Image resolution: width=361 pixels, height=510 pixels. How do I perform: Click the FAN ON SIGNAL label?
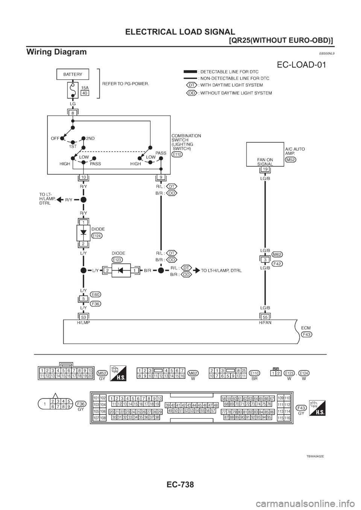[x=265, y=161]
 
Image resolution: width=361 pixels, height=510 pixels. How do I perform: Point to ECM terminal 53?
[x=83, y=317]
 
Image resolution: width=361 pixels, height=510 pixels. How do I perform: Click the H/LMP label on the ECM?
[x=83, y=322]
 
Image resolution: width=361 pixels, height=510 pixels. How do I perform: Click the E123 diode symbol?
[x=121, y=270]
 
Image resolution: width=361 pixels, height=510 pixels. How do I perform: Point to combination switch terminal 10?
[x=83, y=177]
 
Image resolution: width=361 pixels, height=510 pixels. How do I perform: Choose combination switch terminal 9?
[x=161, y=177]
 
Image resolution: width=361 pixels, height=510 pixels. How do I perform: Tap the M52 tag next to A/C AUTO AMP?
[x=291, y=160]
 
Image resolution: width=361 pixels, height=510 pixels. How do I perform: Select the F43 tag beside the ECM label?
[x=306, y=334]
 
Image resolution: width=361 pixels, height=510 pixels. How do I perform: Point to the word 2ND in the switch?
[x=91, y=138]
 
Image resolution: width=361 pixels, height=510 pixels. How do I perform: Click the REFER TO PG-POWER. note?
[x=126, y=84]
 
